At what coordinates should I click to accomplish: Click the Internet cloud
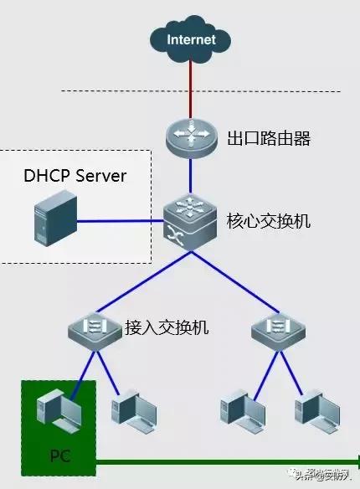pyautogui.click(x=191, y=39)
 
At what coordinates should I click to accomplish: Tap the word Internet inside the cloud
pyautogui.click(x=191, y=39)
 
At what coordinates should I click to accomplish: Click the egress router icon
pyautogui.click(x=191, y=136)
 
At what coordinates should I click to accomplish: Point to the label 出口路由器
pyautogui.click(x=269, y=138)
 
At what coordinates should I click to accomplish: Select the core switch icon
pyautogui.click(x=190, y=222)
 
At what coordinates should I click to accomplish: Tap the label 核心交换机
pyautogui.click(x=269, y=222)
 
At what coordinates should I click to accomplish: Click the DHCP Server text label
pyautogui.click(x=75, y=176)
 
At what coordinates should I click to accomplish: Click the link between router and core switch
pyautogui.click(x=191, y=176)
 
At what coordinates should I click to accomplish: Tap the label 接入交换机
pyautogui.click(x=167, y=327)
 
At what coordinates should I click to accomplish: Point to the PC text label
pyautogui.click(x=59, y=457)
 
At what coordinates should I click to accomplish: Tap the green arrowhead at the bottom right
pyautogui.click(x=355, y=461)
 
